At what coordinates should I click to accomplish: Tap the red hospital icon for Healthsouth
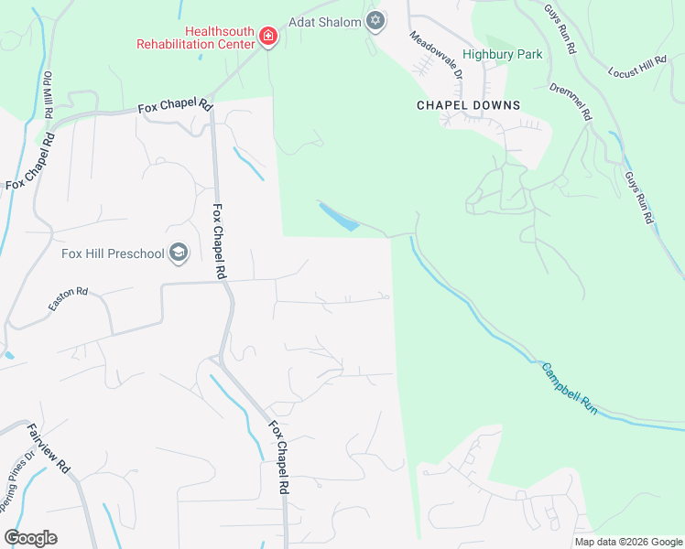click(268, 37)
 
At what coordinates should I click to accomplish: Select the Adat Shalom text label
click(325, 21)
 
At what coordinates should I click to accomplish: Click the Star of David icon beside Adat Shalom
click(375, 21)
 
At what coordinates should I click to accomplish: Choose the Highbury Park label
click(502, 54)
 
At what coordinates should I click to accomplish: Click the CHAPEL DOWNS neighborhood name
click(468, 105)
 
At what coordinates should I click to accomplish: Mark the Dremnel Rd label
click(572, 103)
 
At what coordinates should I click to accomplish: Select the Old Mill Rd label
click(48, 92)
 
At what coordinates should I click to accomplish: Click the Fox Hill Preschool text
click(113, 253)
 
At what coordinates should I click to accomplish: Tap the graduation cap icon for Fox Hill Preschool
click(179, 253)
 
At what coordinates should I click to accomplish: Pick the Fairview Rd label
click(49, 447)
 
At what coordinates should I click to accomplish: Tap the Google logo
click(30, 538)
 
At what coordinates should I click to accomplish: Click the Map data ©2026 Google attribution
click(628, 542)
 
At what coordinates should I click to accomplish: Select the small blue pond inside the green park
click(338, 217)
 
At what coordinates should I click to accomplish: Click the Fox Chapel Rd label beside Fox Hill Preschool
click(219, 242)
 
